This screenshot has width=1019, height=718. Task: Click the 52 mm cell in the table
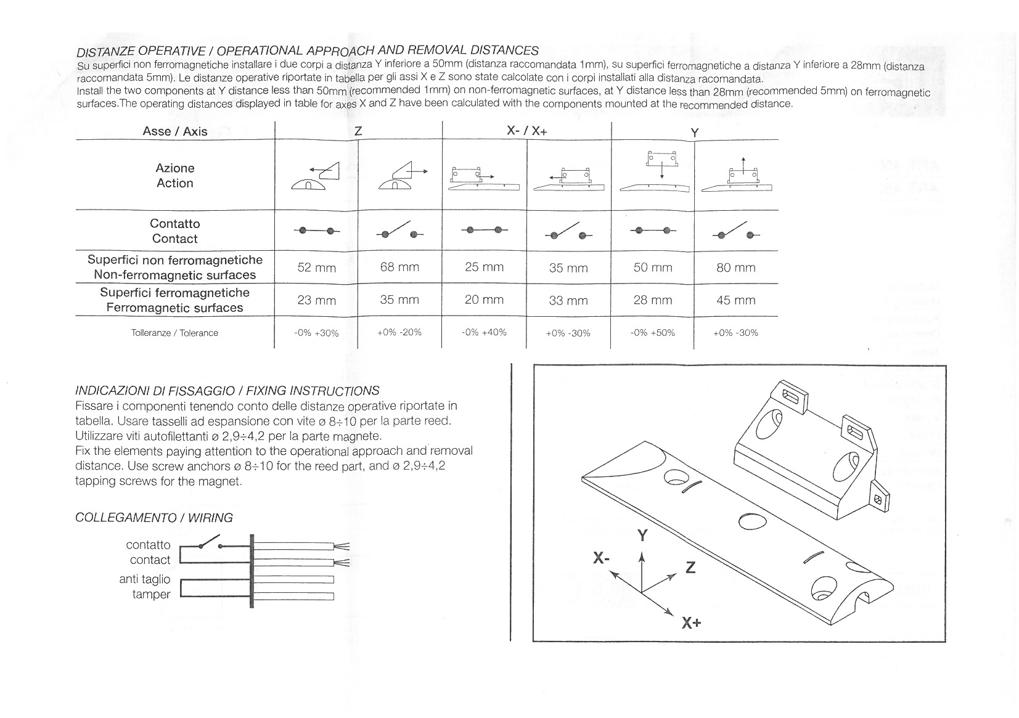316,267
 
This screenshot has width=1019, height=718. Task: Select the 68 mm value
399,267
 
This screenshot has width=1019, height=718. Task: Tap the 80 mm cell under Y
735,267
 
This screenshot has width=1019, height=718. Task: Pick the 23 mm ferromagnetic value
316,300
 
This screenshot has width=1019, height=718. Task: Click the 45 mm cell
735,300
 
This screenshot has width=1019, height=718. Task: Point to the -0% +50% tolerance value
652,333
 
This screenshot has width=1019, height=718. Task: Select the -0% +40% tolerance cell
484,332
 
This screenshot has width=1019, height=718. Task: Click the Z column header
358,131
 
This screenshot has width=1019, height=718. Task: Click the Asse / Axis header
175,131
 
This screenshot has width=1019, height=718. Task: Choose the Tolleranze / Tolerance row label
174,333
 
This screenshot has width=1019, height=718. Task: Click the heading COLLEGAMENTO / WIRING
153,518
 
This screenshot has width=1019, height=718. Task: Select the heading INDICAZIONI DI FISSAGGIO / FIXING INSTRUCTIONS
227,390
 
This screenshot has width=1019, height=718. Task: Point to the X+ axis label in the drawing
691,622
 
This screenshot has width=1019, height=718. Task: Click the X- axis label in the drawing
601,558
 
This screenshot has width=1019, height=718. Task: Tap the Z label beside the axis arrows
690,567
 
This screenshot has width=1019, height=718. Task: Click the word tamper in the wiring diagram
151,594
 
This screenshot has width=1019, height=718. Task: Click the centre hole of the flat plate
751,521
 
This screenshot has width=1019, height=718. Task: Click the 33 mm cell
568,301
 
